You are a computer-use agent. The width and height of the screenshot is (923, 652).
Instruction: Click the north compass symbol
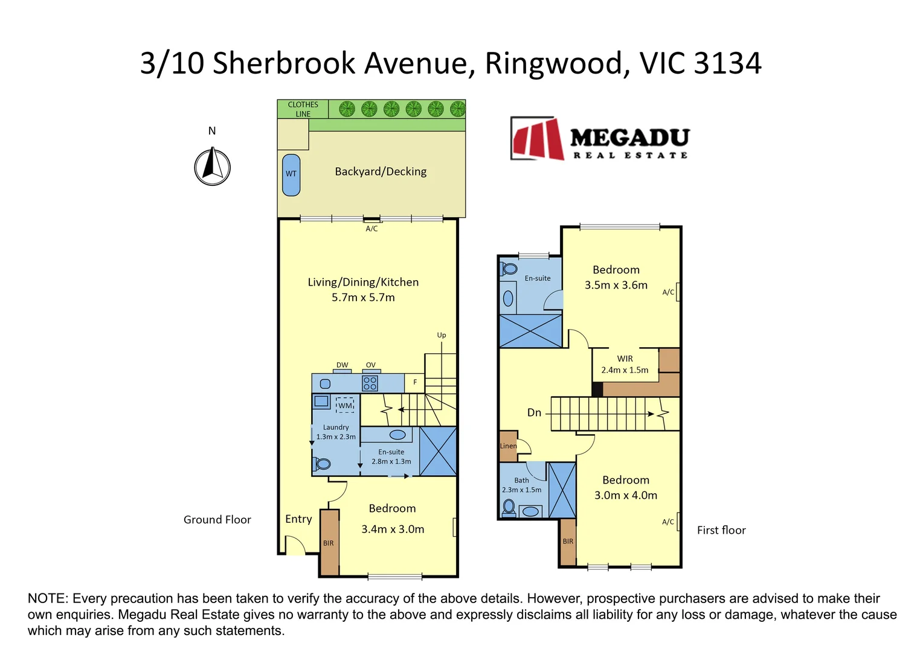212,167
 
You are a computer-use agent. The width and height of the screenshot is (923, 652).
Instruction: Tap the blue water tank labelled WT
291,174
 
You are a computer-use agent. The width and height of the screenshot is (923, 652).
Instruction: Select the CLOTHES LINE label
303,109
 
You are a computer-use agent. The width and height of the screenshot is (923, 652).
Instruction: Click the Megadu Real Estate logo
599,138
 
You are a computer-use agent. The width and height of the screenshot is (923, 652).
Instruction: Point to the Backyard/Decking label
381,171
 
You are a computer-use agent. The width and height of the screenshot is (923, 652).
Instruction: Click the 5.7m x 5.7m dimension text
363,298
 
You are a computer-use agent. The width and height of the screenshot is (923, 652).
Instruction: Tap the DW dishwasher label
342,365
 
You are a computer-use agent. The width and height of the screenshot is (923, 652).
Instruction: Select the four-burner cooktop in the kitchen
370,383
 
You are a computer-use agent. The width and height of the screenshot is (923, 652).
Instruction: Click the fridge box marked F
415,382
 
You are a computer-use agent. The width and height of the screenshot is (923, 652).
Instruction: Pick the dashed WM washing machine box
345,405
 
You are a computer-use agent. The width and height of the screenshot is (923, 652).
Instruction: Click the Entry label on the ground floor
298,519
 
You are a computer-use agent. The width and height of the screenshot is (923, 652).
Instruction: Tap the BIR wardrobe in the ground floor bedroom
329,543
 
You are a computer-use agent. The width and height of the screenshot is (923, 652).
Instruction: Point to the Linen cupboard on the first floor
508,446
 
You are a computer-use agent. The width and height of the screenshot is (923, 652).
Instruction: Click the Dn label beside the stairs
534,413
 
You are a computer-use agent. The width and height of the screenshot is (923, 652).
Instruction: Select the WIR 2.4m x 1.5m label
625,365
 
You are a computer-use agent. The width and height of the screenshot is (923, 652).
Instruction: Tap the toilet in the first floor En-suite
509,269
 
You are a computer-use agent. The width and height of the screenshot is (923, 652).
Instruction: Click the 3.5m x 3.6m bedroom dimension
616,286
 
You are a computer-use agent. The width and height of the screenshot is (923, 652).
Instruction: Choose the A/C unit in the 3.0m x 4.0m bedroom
678,521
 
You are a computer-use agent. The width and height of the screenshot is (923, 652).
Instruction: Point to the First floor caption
721,530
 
